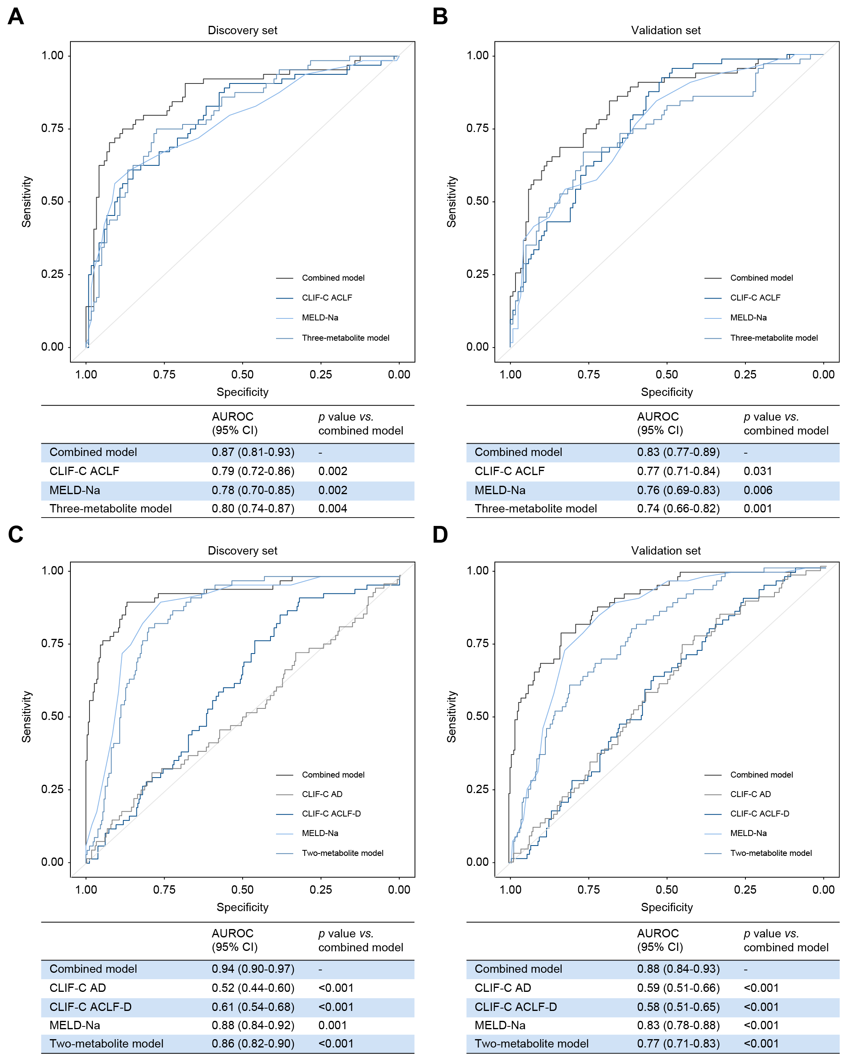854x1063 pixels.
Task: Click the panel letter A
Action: [16, 17]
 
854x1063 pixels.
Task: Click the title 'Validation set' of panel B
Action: [665, 31]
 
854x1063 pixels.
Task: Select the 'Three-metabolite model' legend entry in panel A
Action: [345, 338]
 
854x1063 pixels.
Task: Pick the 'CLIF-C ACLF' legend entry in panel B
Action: [755, 298]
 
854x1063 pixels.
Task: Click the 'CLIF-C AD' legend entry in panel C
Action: [322, 794]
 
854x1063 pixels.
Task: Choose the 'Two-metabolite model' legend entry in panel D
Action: [770, 854]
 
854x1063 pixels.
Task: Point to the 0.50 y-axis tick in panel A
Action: [52, 201]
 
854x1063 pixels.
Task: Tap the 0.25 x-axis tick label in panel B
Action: [745, 375]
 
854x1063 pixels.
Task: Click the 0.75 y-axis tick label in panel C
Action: [52, 644]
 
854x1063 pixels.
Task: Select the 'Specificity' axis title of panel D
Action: [667, 907]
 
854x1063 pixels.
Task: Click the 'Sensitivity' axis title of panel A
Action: [26, 202]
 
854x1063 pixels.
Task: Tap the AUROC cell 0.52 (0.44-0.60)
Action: [253, 988]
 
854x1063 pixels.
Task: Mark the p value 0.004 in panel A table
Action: [333, 509]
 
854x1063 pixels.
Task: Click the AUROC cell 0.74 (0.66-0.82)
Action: [678, 509]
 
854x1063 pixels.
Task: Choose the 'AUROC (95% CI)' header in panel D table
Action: [659, 940]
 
